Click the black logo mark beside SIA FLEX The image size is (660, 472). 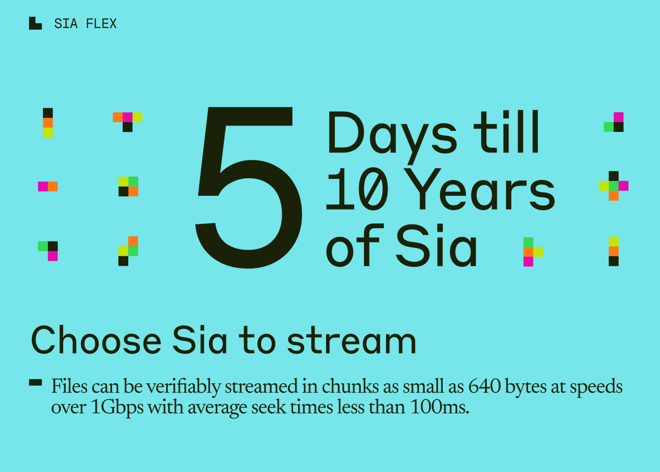35,23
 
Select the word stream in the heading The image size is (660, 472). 351,341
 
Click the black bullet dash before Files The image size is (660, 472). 35,383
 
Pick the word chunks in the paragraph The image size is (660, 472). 340,387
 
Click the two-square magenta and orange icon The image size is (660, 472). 48,186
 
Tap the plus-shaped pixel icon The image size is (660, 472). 614,186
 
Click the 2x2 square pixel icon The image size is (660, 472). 128,186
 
